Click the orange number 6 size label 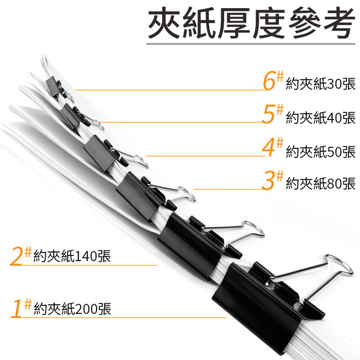click(x=269, y=81)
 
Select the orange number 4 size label click(x=269, y=148)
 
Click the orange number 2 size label click(x=16, y=256)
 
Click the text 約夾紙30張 click(x=321, y=84)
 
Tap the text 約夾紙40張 click(x=321, y=118)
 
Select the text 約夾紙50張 click(x=321, y=152)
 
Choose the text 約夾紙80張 click(x=321, y=184)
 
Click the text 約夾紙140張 click(x=72, y=256)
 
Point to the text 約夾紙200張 click(x=73, y=309)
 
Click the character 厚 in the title click(x=234, y=23)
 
